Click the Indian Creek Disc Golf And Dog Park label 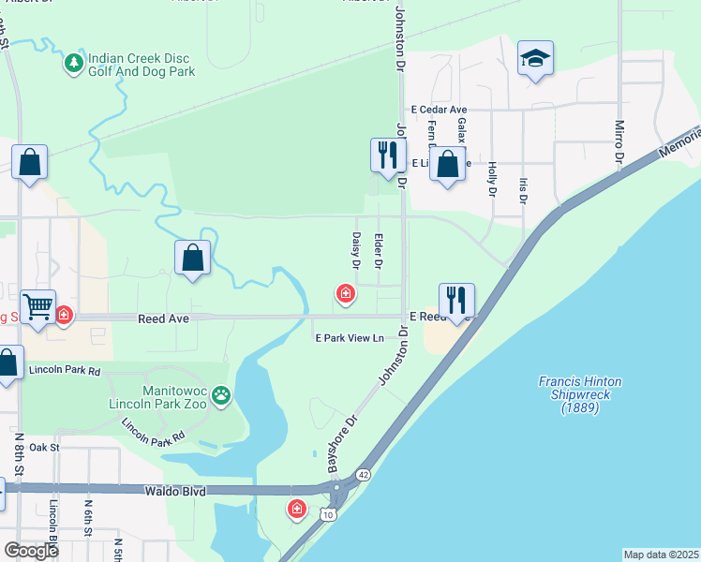(141, 65)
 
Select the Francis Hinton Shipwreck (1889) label (580, 394)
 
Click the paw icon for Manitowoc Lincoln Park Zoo (220, 395)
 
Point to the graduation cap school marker (535, 59)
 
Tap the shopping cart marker (38, 306)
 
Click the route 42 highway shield (362, 475)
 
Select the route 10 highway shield (325, 514)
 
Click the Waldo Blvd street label (176, 490)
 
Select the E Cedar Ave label (433, 110)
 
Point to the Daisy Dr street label (356, 251)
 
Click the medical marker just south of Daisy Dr (346, 295)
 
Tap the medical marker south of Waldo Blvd (297, 509)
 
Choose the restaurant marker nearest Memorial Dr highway (456, 301)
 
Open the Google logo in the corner (31, 550)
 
